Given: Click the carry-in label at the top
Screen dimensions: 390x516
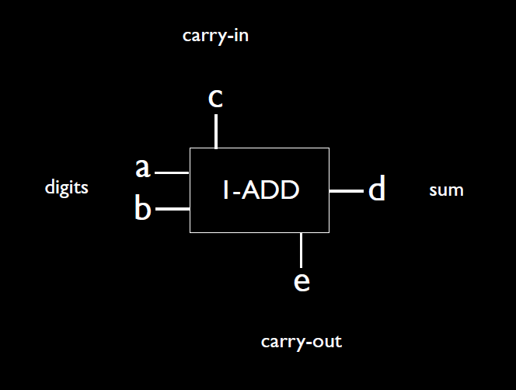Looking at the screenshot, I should (215, 36).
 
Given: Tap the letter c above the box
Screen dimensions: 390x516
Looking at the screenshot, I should (216, 99).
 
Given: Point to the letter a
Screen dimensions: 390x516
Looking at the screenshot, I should (142, 166).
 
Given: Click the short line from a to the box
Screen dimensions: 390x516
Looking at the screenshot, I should (173, 172).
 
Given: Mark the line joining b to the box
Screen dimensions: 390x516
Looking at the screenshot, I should (173, 209).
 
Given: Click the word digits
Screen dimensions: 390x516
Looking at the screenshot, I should (66, 187).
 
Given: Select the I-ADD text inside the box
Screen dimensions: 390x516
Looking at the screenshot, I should (260, 190).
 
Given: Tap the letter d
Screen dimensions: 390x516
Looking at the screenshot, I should (376, 190).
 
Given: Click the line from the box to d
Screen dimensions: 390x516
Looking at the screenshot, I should (347, 190).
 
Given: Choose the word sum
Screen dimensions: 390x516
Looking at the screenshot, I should (446, 190).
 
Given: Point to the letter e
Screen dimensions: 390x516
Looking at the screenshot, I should (302, 280).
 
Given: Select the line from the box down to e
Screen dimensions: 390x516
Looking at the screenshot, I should (301, 249).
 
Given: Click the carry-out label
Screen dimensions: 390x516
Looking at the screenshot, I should (302, 341).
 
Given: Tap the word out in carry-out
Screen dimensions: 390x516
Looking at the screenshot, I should (326, 341).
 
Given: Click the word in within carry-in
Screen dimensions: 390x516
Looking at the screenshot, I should (241, 36).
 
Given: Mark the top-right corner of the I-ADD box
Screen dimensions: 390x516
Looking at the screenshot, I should (329, 148).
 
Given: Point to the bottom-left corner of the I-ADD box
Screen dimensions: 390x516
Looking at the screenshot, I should (190, 232).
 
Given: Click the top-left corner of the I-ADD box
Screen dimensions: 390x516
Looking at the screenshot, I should (190, 148).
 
